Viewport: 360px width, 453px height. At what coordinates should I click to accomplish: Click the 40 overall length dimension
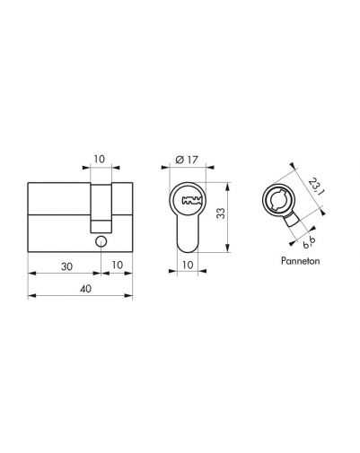pos(85,289)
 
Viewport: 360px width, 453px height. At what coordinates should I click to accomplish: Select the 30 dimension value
pos(66,266)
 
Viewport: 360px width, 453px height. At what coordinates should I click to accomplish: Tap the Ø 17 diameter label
pos(187,160)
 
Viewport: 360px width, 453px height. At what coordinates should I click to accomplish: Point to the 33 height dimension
pos(222,213)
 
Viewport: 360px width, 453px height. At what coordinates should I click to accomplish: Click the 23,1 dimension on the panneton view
pos(315,187)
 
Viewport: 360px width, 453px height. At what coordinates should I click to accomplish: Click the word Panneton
pos(300,261)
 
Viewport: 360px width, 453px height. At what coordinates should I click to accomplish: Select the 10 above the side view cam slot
pos(100,159)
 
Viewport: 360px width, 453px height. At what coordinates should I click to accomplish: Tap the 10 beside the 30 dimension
pos(118,265)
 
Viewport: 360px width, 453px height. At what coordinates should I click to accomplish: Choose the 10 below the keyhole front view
pos(188,265)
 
